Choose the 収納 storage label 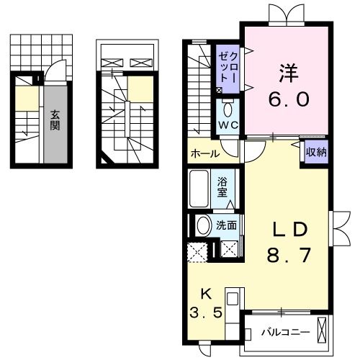[x=315, y=152]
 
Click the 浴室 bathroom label [x=223, y=186]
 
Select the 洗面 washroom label [x=227, y=225]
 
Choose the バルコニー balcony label [x=285, y=333]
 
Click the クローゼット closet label [x=229, y=66]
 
